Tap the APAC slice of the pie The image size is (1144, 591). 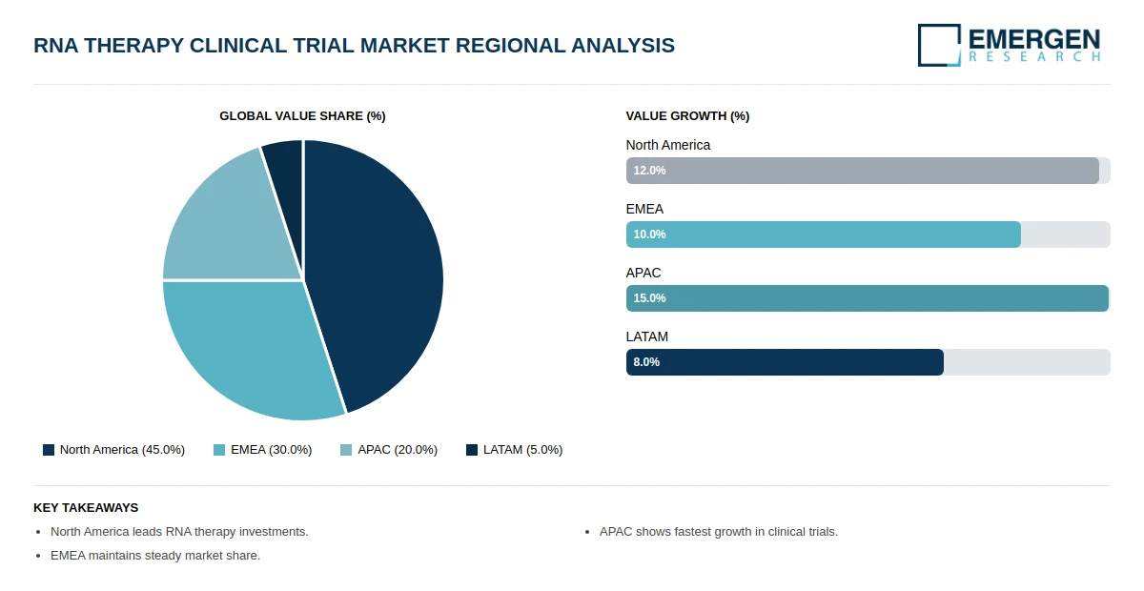pyautogui.click(x=225, y=225)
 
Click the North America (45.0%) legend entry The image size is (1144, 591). pyautogui.click(x=113, y=450)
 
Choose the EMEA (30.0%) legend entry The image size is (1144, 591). pyautogui.click(x=262, y=450)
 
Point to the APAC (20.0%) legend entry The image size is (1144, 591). pyautogui.click(x=389, y=450)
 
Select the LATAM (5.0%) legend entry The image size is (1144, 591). pyautogui.click(x=514, y=450)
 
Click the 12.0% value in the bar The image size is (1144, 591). pyautogui.click(x=649, y=171)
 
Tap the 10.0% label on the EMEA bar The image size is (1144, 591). pyautogui.click(x=649, y=234)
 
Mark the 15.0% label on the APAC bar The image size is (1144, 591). pyautogui.click(x=649, y=298)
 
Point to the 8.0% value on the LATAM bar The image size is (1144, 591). pyautogui.click(x=646, y=362)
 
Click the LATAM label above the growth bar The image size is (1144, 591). pyautogui.click(x=646, y=336)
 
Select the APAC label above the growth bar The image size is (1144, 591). pyautogui.click(x=643, y=273)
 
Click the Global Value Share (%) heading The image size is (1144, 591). pyautogui.click(x=302, y=116)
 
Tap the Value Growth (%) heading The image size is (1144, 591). pyautogui.click(x=687, y=116)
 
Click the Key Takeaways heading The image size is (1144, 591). pyautogui.click(x=86, y=508)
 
